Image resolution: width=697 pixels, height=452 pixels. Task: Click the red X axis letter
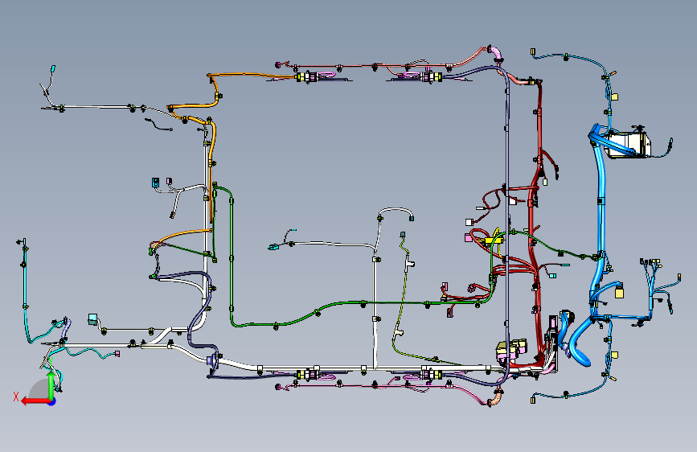pyautogui.click(x=15, y=397)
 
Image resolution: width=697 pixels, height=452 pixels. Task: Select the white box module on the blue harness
pyautogui.click(x=628, y=145)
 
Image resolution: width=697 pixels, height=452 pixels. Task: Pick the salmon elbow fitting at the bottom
pyautogui.click(x=499, y=395)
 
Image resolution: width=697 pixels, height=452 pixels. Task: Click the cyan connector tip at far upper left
pyautogui.click(x=53, y=69)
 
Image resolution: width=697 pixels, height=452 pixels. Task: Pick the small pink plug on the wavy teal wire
pyautogui.click(x=117, y=352)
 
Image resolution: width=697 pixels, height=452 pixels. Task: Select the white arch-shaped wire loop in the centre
pyautogui.click(x=395, y=211)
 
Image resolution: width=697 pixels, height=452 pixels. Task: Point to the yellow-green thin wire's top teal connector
pyautogui.click(x=403, y=235)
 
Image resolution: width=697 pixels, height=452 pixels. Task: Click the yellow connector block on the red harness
pyautogui.click(x=493, y=239)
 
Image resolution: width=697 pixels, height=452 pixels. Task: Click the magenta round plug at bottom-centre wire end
pyautogui.click(x=278, y=388)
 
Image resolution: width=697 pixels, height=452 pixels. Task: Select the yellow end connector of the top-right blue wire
pyautogui.click(x=616, y=97)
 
